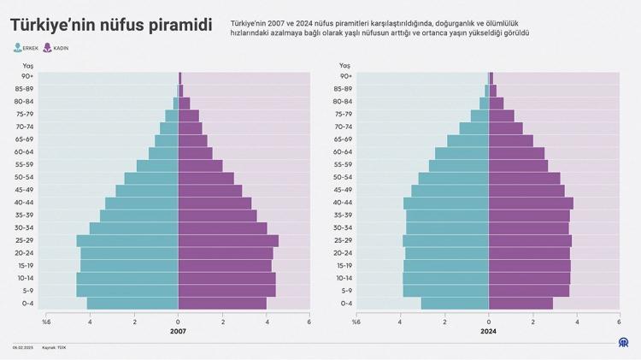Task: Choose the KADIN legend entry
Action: click(x=61, y=48)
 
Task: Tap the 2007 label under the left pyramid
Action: click(x=178, y=331)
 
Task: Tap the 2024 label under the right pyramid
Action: click(x=488, y=331)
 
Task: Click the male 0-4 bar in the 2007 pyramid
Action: click(x=132, y=303)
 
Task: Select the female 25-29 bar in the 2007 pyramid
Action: click(x=228, y=240)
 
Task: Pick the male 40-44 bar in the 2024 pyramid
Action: click(x=446, y=203)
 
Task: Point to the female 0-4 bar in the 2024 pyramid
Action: click(x=520, y=303)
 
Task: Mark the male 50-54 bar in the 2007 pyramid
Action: click(x=151, y=177)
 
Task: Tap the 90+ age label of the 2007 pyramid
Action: click(x=28, y=77)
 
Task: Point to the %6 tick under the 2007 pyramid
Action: click(x=45, y=322)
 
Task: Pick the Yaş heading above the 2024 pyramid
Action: click(x=344, y=65)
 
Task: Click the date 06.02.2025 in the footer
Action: click(x=22, y=347)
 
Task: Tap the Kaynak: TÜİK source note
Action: click(x=56, y=347)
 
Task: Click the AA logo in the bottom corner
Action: click(x=625, y=343)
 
